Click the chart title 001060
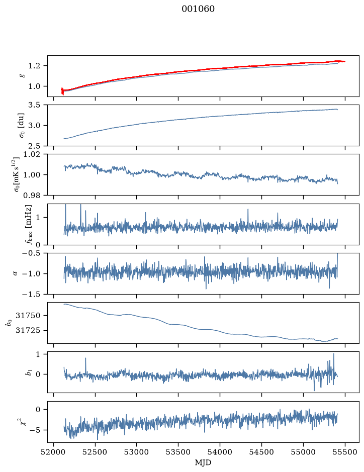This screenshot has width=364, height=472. (198, 9)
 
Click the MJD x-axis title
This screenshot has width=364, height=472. (203, 462)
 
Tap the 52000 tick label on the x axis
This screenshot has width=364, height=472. (54, 452)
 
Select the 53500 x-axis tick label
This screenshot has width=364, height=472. (178, 452)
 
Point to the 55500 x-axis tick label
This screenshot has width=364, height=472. (345, 452)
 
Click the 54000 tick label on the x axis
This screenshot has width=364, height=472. (220, 452)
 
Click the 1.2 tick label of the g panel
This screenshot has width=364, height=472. (34, 66)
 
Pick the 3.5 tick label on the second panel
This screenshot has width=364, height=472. (34, 105)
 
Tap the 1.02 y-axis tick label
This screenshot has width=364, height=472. (32, 154)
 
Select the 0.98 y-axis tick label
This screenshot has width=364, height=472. (32, 196)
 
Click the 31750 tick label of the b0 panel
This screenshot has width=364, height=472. (28, 316)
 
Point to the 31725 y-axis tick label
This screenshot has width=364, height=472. (28, 330)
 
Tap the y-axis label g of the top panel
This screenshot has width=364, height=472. (21, 76)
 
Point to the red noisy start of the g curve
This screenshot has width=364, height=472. (62, 91)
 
